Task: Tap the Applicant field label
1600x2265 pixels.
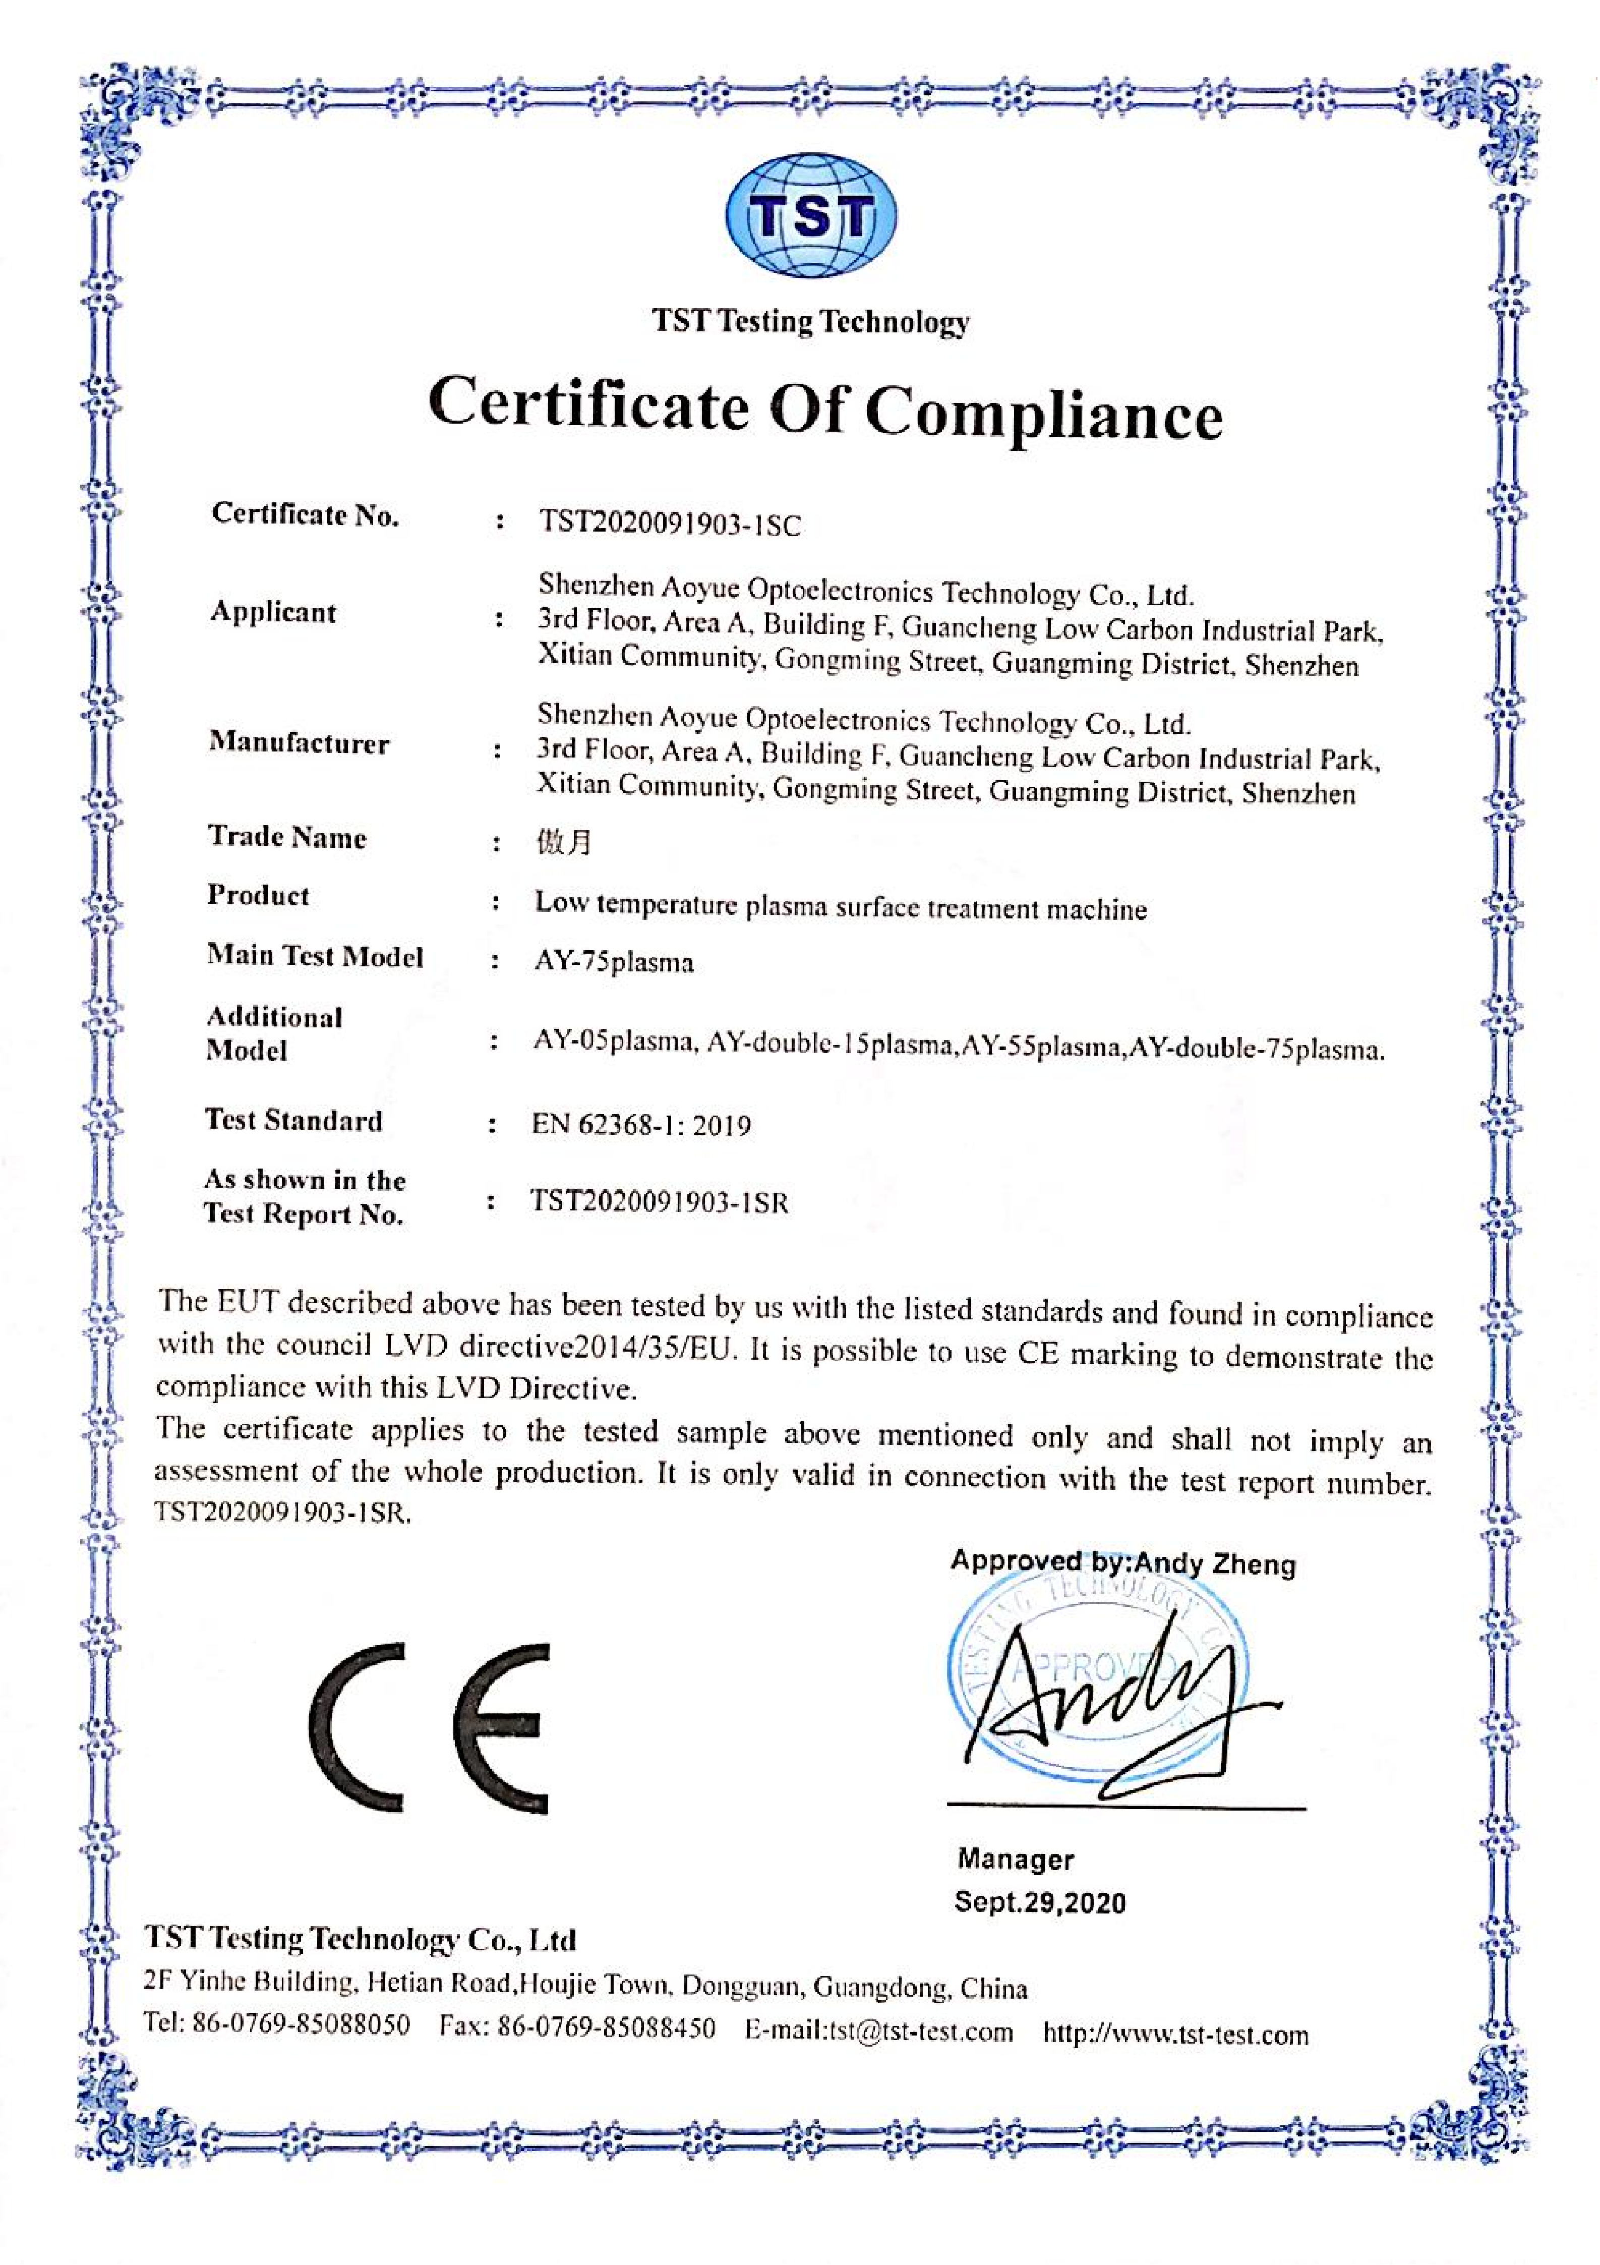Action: pyautogui.click(x=273, y=613)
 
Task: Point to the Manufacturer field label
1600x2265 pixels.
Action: pyautogui.click(x=299, y=743)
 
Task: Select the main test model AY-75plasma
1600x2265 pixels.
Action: pyautogui.click(x=614, y=962)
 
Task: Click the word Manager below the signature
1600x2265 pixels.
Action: pyautogui.click(x=1015, y=1860)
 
